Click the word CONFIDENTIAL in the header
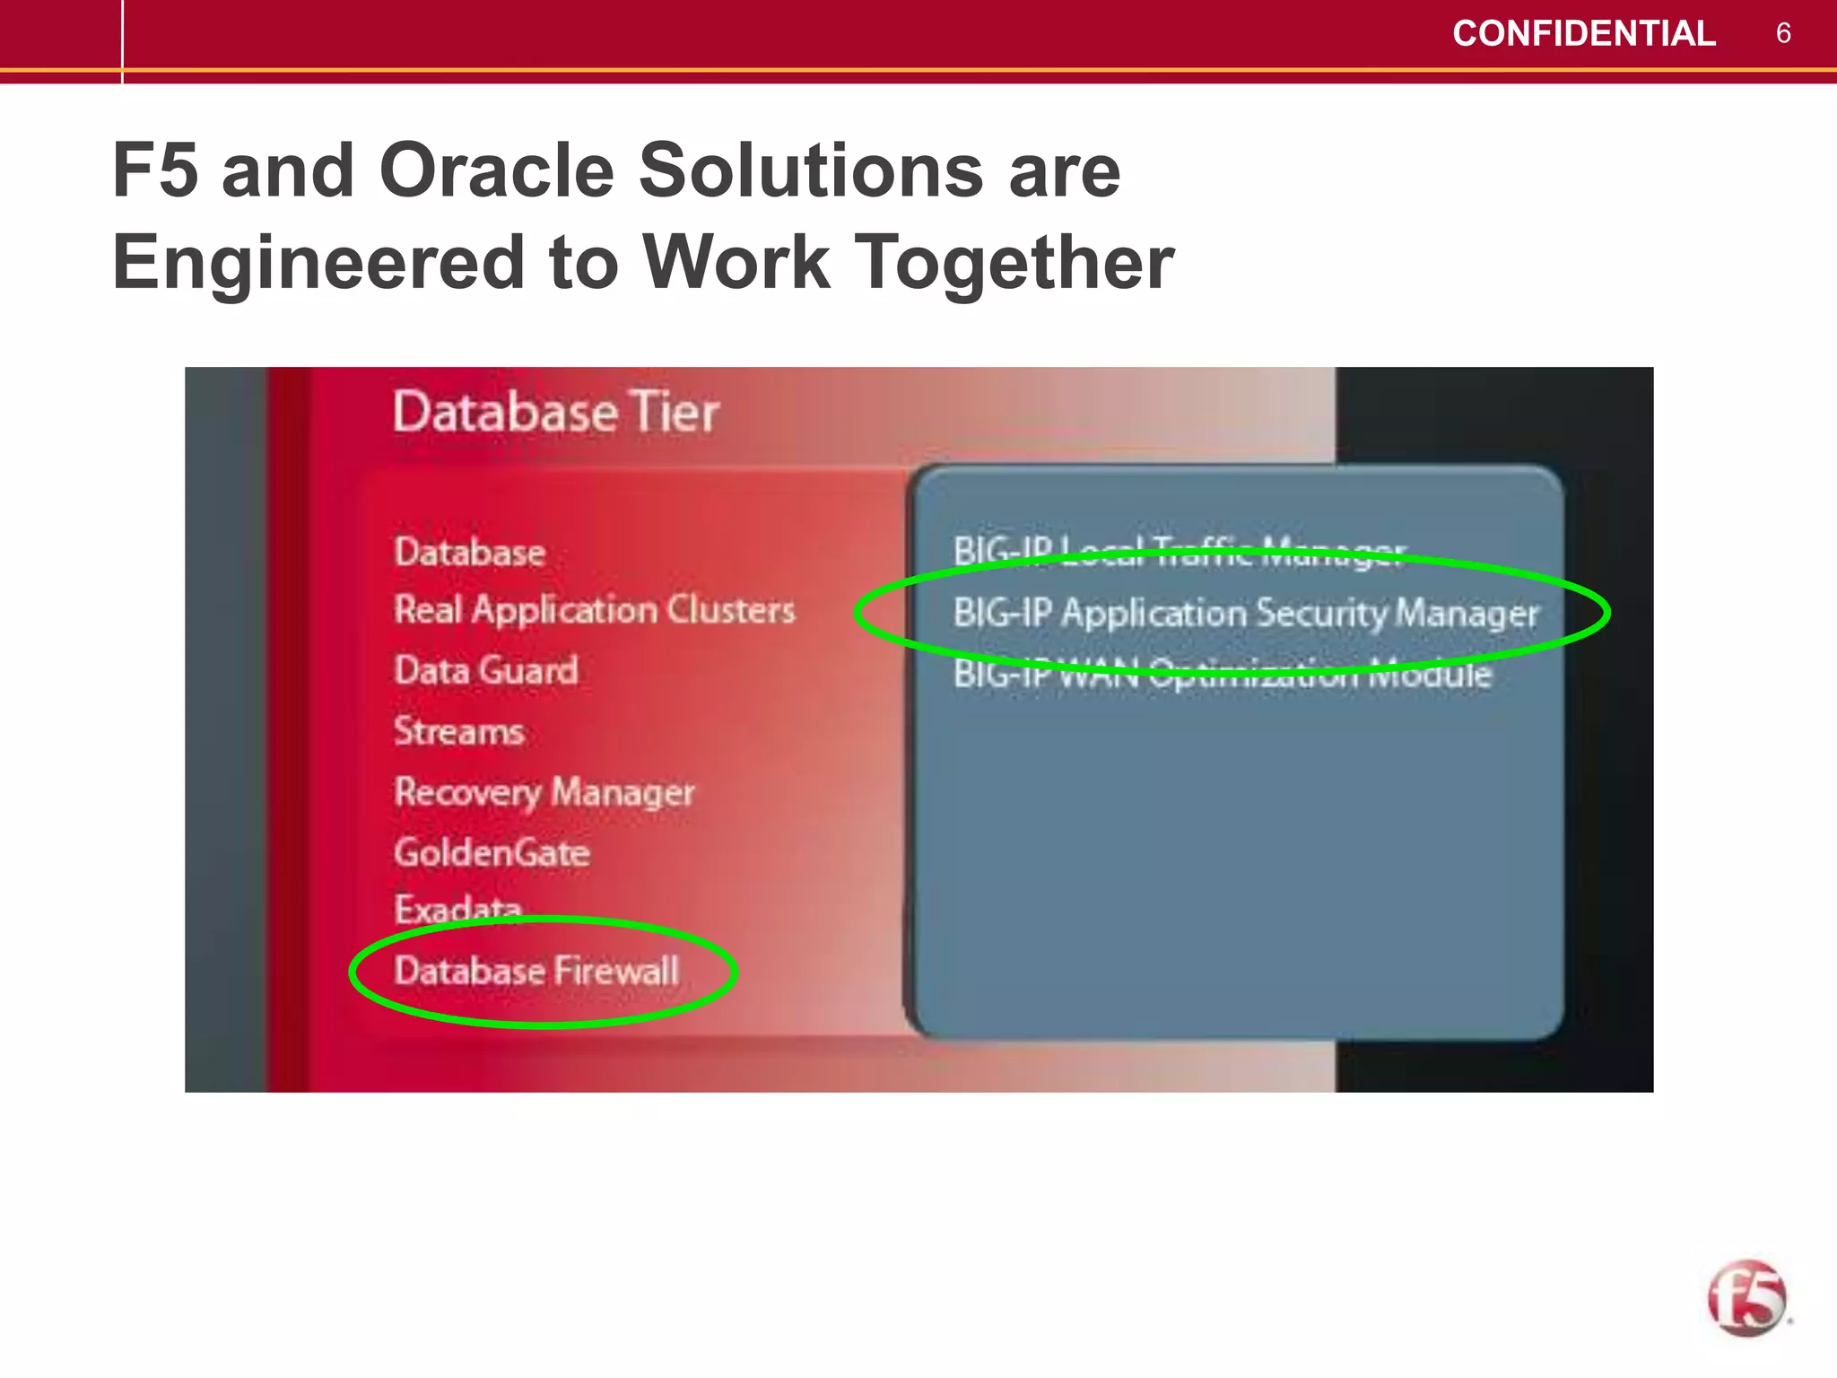1583,34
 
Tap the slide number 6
1783,34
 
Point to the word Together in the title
1013,262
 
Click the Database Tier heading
556,413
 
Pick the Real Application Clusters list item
595,611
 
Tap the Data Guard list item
486,671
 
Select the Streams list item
459,731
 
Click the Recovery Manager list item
544,792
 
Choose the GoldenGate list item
492,852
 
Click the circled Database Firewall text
536,971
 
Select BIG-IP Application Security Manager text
1245,614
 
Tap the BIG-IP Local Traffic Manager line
1179,550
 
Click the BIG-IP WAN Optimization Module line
1222,674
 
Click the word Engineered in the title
318,262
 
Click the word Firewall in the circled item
616,971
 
